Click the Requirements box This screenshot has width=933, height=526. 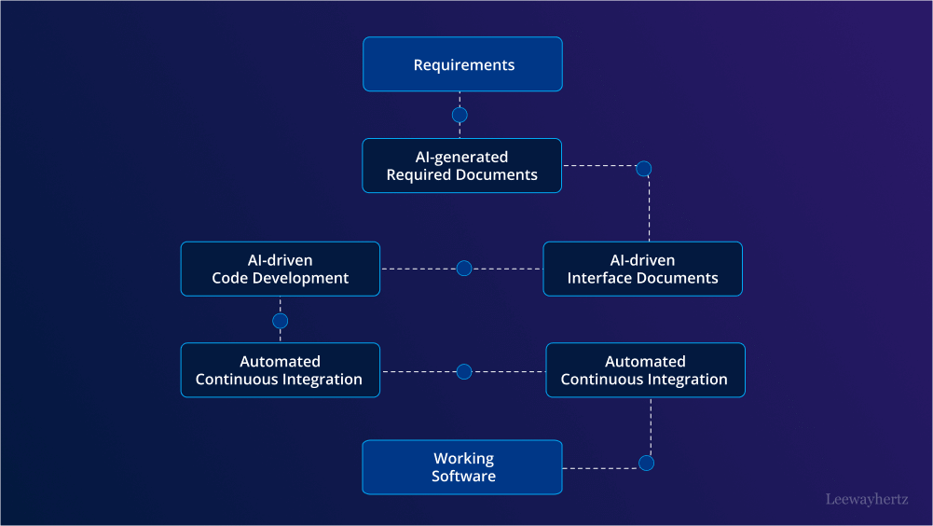462,64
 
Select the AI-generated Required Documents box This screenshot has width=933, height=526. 462,166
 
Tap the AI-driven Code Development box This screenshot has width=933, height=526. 281,269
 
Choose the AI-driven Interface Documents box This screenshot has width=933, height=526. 642,269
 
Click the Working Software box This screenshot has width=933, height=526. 462,467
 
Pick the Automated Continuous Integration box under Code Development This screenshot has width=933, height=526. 281,370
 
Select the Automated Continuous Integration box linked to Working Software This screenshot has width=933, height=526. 645,370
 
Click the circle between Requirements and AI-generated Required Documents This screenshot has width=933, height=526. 460,116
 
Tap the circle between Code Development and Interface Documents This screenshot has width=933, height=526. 464,269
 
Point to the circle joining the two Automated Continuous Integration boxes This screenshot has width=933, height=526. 464,371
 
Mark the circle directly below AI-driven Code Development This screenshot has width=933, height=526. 281,321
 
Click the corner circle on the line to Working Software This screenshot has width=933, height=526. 646,464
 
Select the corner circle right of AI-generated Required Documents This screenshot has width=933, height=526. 643,169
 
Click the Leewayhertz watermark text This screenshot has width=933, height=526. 867,499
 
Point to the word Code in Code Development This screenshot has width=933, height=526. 229,278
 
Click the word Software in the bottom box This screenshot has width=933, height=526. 463,477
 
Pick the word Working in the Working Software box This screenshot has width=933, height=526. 463,459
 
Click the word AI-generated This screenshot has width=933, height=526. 461,158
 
